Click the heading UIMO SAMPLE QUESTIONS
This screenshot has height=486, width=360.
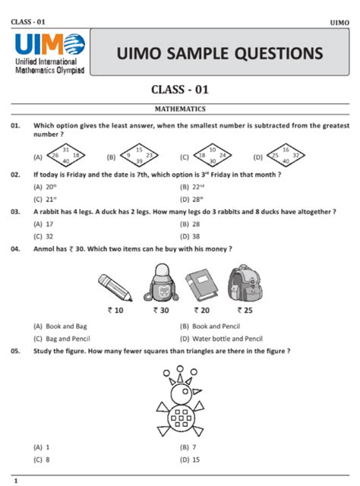pos(219,53)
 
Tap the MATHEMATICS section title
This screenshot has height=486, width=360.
pos(180,109)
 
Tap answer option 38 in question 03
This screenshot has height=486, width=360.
pos(196,236)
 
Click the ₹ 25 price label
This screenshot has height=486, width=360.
pos(245,310)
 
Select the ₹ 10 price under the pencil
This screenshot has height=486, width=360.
pos(116,310)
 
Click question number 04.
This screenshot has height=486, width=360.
pos(15,248)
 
